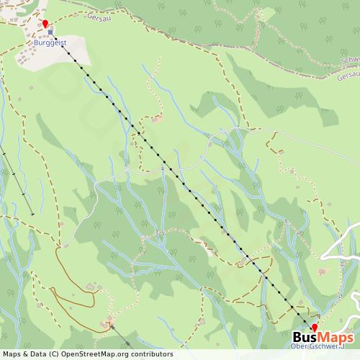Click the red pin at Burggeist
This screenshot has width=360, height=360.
pos(45,25)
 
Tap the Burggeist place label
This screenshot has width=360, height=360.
pos(49,42)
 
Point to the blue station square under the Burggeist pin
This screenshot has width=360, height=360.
pos(50,33)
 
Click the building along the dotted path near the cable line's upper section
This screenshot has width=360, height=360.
pos(158,116)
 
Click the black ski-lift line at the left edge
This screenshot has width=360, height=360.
pos(18,180)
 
